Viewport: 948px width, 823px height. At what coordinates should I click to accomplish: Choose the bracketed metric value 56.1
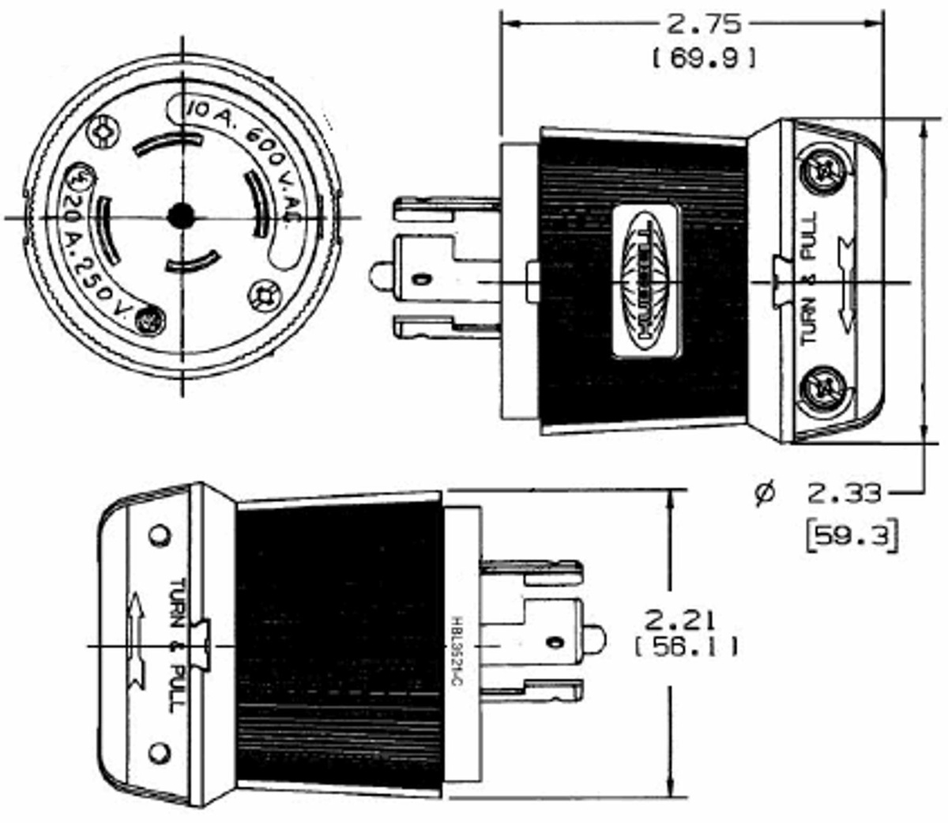click(686, 647)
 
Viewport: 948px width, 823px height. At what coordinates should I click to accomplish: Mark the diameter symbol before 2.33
click(764, 493)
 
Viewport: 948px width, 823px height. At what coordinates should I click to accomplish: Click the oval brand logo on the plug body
click(646, 281)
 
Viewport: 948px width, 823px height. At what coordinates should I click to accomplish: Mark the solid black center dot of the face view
click(182, 215)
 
